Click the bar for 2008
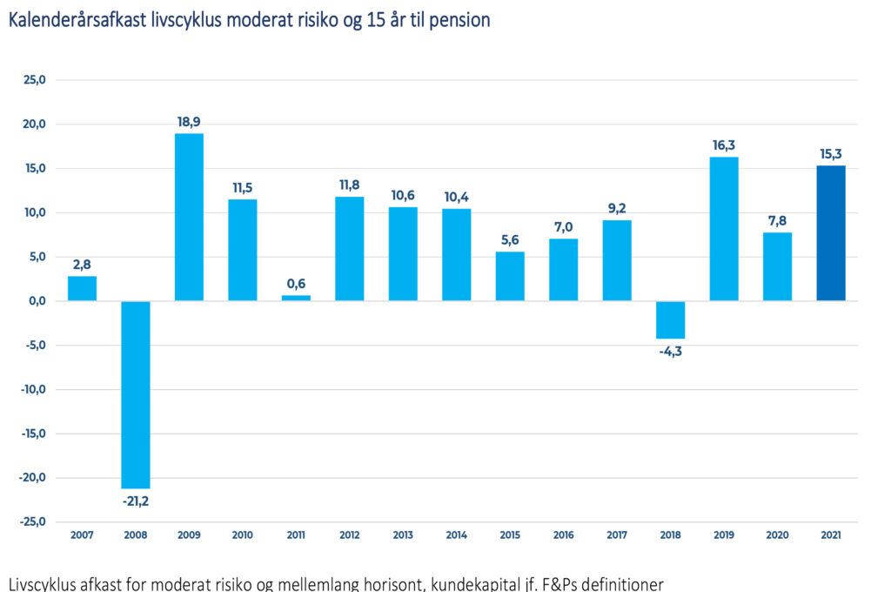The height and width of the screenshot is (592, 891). [x=136, y=394]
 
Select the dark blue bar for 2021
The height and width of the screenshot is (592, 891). [x=831, y=233]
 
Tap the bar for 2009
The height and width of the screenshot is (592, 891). [x=189, y=217]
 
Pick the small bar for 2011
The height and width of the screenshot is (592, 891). [x=296, y=298]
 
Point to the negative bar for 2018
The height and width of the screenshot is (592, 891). [x=671, y=320]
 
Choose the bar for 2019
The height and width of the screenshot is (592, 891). [x=724, y=229]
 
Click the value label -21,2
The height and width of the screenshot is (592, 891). [x=136, y=501]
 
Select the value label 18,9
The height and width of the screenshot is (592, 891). [x=189, y=122]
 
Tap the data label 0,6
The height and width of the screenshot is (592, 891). [x=296, y=284]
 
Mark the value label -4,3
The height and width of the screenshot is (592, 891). [x=671, y=352]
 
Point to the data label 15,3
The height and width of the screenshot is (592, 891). [x=831, y=154]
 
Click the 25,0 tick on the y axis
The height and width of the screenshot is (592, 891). [x=34, y=80]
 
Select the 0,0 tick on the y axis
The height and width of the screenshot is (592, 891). [x=36, y=301]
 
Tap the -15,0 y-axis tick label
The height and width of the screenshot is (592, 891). [x=32, y=434]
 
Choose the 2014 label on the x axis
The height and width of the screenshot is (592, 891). [x=457, y=535]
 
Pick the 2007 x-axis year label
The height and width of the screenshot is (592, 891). [x=82, y=535]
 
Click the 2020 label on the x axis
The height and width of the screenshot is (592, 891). [x=778, y=535]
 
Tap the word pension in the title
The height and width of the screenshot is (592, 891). [x=463, y=19]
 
